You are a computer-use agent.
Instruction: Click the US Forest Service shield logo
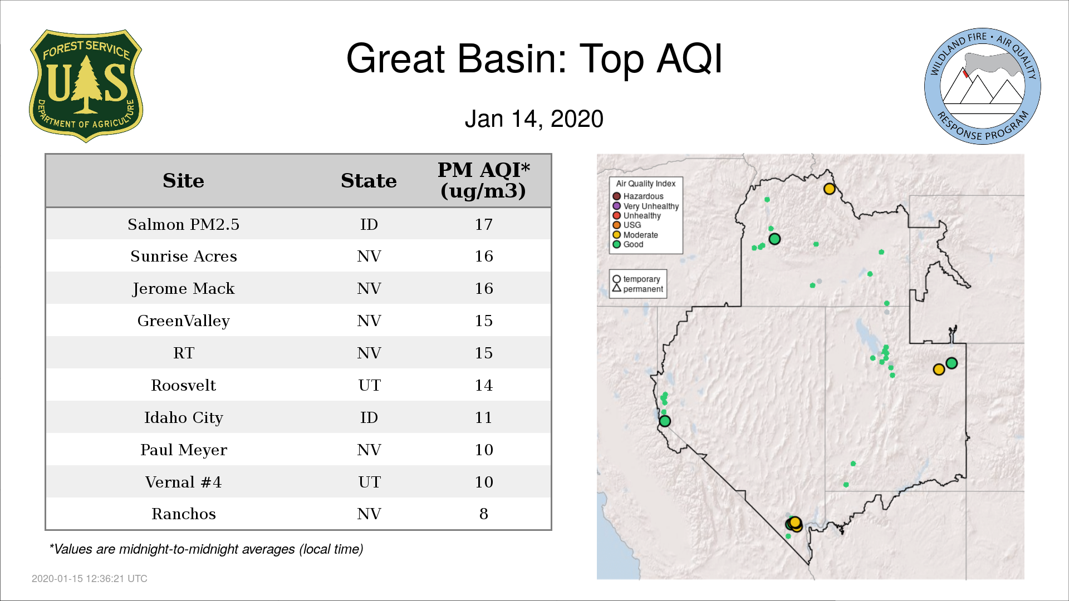click(x=86, y=86)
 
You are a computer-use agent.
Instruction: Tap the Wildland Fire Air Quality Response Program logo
click(x=983, y=86)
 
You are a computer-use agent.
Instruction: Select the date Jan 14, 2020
click(x=534, y=119)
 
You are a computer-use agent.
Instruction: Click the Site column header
click(x=183, y=181)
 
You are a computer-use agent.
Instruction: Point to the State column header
click(x=369, y=181)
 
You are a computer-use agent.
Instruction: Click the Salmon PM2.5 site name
click(x=183, y=224)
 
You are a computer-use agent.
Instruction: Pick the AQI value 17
click(x=483, y=224)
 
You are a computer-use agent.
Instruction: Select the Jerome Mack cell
click(x=183, y=289)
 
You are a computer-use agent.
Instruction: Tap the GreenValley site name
click(x=183, y=321)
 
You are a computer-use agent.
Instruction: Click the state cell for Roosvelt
click(x=369, y=385)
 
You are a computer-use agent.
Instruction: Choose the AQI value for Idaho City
click(x=483, y=417)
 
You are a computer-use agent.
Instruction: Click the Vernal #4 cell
click(x=183, y=482)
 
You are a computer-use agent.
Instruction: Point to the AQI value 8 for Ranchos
click(x=483, y=514)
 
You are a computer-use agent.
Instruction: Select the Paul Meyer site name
click(x=183, y=450)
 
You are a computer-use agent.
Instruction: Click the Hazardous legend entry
click(x=638, y=196)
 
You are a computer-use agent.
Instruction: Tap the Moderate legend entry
click(x=635, y=235)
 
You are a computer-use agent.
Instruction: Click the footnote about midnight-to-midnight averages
click(x=206, y=549)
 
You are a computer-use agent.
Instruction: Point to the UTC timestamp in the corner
click(x=90, y=579)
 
